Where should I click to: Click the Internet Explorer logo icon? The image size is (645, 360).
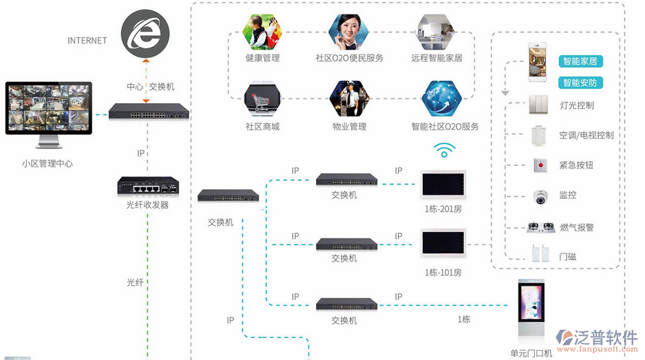(145, 35)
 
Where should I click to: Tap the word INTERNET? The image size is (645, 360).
(87, 41)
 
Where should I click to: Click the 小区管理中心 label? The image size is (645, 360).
(47, 164)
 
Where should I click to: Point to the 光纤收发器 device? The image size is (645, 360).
(147, 186)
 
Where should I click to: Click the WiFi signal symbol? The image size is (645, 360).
(443, 150)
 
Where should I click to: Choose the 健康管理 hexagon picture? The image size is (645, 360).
(262, 32)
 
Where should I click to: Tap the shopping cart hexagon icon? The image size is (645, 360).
(262, 98)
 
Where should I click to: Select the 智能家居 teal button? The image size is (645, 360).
(580, 61)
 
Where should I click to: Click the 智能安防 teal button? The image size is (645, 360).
(580, 83)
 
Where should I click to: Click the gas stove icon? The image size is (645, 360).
(539, 226)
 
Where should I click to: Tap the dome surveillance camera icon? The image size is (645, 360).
(539, 196)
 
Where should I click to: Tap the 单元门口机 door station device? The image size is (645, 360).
(531, 313)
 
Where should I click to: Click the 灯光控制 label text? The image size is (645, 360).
(576, 105)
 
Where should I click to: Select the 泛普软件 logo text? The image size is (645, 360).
(606, 337)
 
